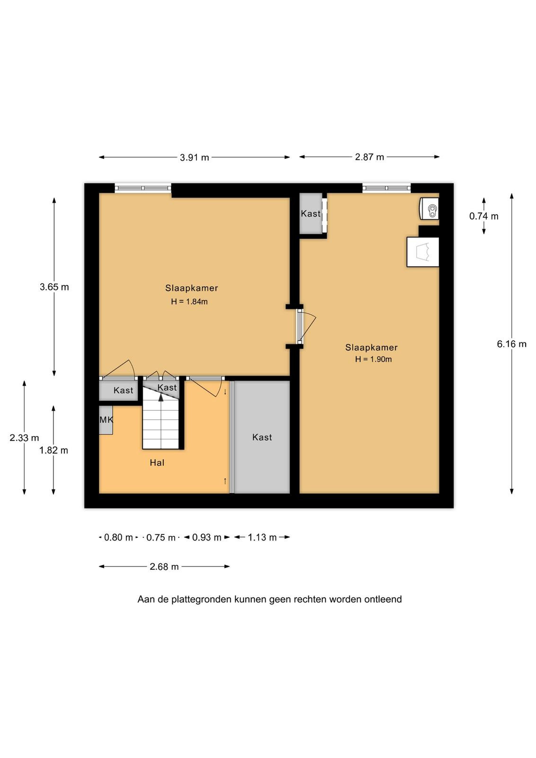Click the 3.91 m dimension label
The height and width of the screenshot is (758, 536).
point(194,157)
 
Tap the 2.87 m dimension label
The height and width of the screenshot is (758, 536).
point(369,157)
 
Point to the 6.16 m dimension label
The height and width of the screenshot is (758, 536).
point(511,344)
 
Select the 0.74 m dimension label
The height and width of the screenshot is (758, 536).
point(483,216)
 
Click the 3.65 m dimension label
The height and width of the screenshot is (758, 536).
point(54,287)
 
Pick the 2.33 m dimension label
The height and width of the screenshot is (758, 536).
point(24,438)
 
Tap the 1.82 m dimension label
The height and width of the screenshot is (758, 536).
point(54,451)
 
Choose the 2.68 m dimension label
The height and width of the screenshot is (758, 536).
point(164,567)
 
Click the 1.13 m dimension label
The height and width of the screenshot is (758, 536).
point(262,537)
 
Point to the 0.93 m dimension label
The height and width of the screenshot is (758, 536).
point(206,537)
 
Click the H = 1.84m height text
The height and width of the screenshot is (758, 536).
point(189,301)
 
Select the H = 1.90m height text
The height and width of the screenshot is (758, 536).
point(373,360)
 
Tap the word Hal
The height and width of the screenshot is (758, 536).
point(157,462)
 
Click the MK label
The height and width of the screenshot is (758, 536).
point(106,420)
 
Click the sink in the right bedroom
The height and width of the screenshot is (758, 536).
point(429,209)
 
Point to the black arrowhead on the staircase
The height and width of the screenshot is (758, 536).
point(161,397)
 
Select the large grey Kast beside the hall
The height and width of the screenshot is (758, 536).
point(262,437)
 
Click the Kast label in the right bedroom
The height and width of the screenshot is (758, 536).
point(311,214)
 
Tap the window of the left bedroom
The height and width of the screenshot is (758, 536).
point(143,188)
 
